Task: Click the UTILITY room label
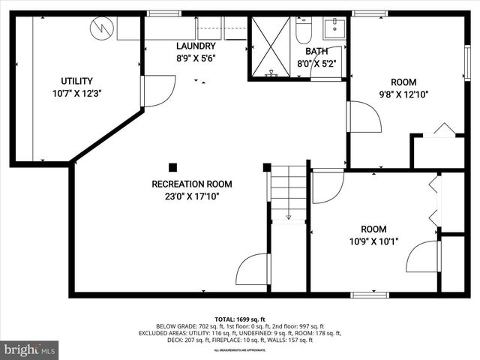pyautogui.click(x=76, y=81)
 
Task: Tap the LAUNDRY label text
pyautogui.click(x=195, y=46)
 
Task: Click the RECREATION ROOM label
pyautogui.click(x=191, y=184)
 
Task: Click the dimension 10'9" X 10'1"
pyautogui.click(x=373, y=241)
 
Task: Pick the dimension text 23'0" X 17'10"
pyautogui.click(x=191, y=196)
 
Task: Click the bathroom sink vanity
pyautogui.click(x=334, y=29)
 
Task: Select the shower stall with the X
pyautogui.click(x=270, y=46)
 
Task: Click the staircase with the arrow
pyautogui.click(x=288, y=193)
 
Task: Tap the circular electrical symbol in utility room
pyautogui.click(x=100, y=29)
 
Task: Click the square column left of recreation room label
pyautogui.click(x=173, y=168)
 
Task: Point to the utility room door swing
pyautogui.click(x=157, y=90)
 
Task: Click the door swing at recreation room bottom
pyautogui.click(x=253, y=270)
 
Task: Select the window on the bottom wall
pyautogui.click(x=370, y=295)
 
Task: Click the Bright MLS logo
pyautogui.click(x=30, y=349)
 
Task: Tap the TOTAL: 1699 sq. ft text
pyautogui.click(x=239, y=319)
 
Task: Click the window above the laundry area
pyautogui.click(x=159, y=13)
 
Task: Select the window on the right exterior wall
pyautogui.click(x=466, y=62)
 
